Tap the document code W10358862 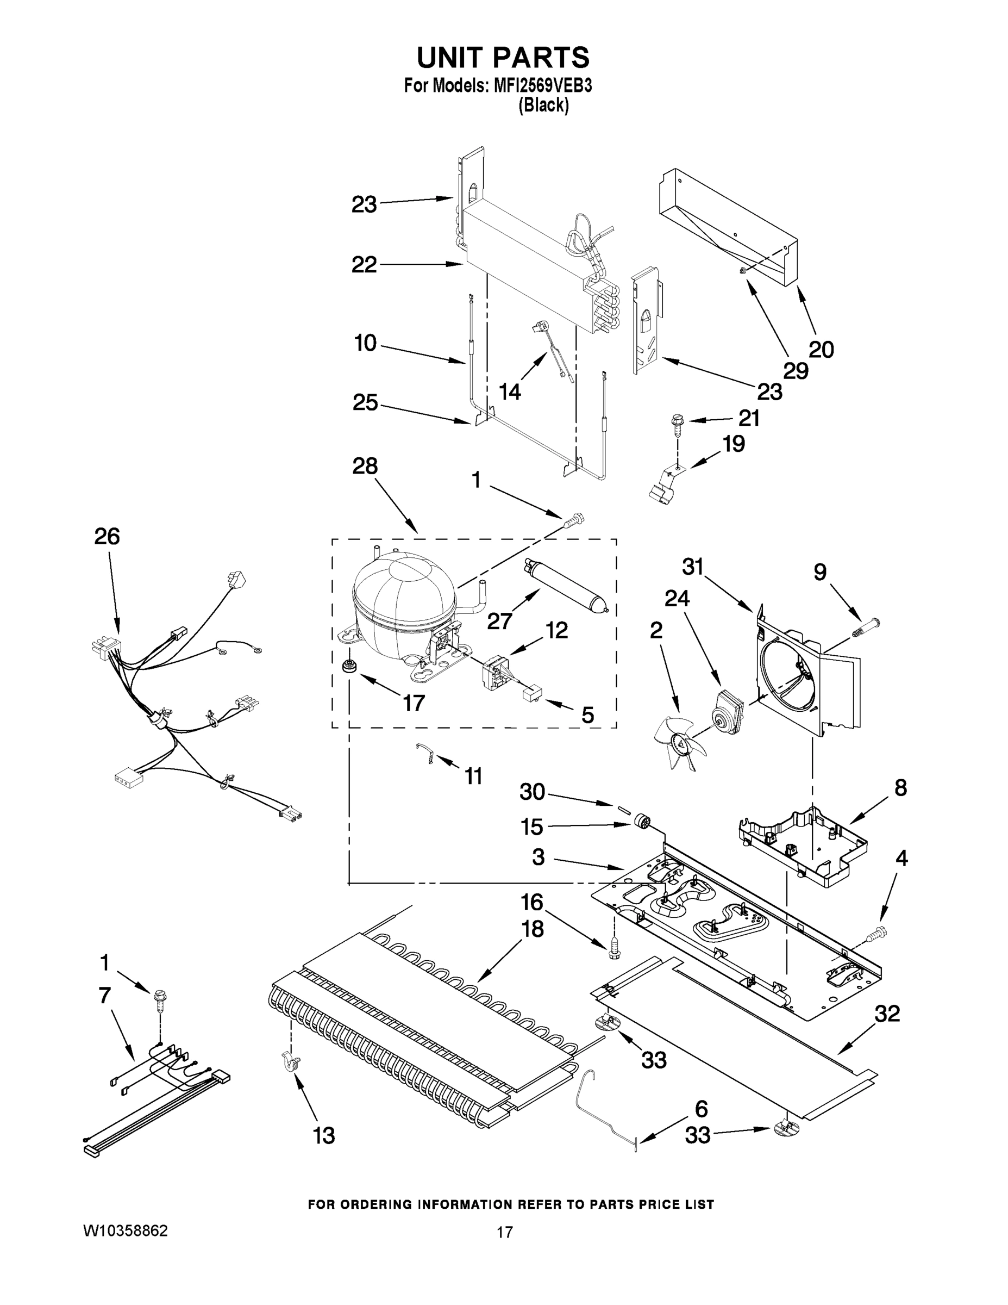coord(126,1231)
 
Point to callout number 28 coord(364,466)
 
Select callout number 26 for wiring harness coord(107,537)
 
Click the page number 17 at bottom coord(505,1232)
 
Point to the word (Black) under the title coord(543,105)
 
